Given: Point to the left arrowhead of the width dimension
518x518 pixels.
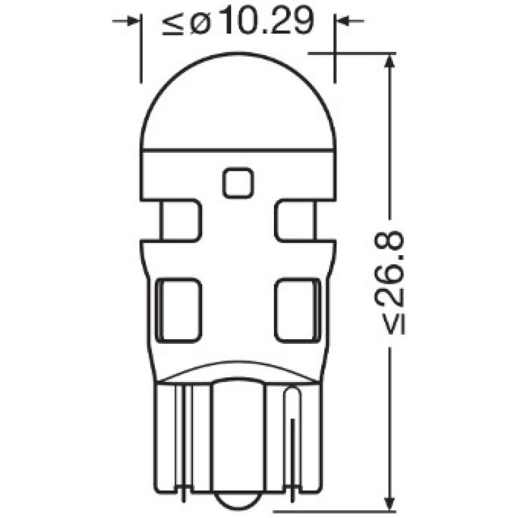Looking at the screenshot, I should click(x=133, y=21).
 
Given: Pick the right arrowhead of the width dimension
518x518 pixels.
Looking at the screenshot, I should click(x=343, y=21).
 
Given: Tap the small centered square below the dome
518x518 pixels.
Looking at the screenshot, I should click(x=238, y=183).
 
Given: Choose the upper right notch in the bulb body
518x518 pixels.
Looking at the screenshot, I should click(x=297, y=221).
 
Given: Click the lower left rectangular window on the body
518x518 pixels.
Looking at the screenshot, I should click(x=180, y=309).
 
